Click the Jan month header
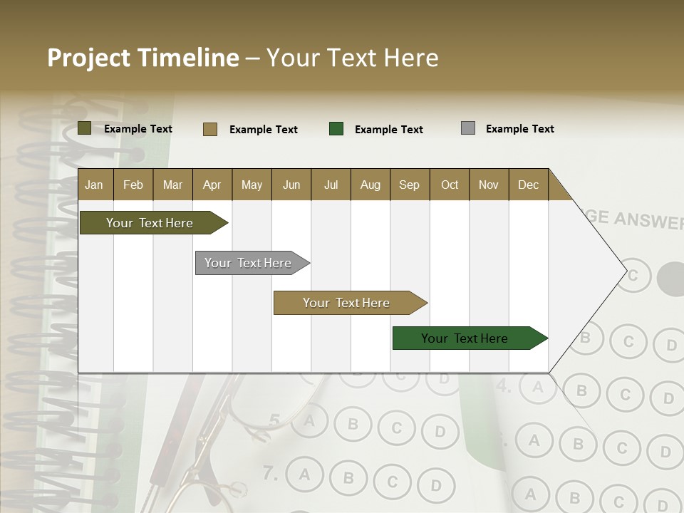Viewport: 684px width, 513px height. (x=94, y=185)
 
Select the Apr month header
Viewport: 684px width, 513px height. (x=212, y=185)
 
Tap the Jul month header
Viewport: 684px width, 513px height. (x=331, y=185)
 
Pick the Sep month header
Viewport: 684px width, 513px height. (x=409, y=185)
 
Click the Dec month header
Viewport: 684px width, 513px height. (x=528, y=185)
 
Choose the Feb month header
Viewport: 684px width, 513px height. (x=133, y=185)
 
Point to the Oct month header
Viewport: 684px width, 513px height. (x=450, y=185)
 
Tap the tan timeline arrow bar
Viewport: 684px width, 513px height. (x=347, y=303)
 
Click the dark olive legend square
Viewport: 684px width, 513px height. (x=85, y=128)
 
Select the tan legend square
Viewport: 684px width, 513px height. (x=210, y=129)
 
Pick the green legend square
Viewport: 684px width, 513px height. (x=336, y=129)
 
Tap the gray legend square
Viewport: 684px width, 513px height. (x=468, y=128)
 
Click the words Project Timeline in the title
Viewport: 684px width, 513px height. (x=143, y=58)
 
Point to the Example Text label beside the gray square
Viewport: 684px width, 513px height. (x=519, y=129)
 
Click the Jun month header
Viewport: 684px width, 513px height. (x=291, y=185)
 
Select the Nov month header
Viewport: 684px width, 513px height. (x=489, y=185)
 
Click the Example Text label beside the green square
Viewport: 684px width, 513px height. (x=388, y=130)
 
